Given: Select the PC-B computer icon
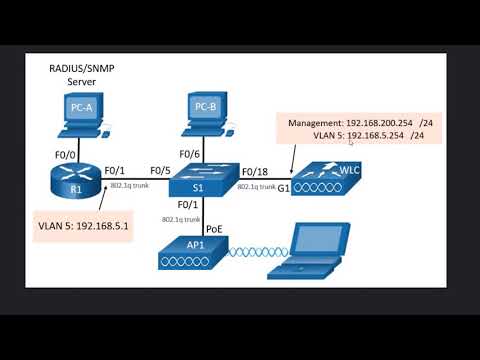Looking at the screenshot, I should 205,113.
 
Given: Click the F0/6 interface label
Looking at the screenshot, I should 190,153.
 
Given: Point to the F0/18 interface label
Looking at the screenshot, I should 254,170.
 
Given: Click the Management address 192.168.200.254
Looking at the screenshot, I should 364,123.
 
